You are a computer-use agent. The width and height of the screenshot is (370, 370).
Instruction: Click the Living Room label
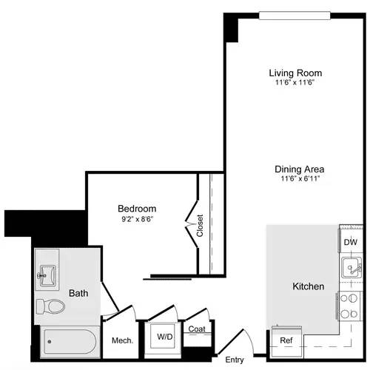pyautogui.click(x=295, y=73)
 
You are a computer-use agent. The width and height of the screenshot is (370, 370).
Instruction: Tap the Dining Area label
pyautogui.click(x=300, y=168)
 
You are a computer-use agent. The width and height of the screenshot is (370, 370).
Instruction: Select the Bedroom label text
pyautogui.click(x=137, y=209)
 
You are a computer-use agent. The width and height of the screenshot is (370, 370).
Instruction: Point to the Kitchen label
pyautogui.click(x=308, y=286)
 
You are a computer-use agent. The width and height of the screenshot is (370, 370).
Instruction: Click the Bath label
pyautogui.click(x=78, y=293)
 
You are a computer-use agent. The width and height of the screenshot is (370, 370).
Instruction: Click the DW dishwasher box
pyautogui.click(x=351, y=241)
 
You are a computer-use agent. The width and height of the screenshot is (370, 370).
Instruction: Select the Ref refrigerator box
pyautogui.click(x=286, y=340)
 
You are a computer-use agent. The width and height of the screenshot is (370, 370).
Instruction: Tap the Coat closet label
pyautogui.click(x=196, y=329)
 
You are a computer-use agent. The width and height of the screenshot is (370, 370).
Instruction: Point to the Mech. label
pyautogui.click(x=121, y=340)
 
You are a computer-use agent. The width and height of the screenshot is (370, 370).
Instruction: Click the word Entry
pyautogui.click(x=235, y=360)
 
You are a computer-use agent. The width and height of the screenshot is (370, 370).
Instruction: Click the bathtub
pyautogui.click(x=69, y=343)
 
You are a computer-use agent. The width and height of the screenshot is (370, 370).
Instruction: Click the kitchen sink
pyautogui.click(x=349, y=267)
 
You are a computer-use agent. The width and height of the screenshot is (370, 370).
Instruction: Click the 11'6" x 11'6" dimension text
pyautogui.click(x=295, y=83)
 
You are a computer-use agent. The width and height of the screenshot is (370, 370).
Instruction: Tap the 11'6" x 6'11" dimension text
pyautogui.click(x=300, y=178)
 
